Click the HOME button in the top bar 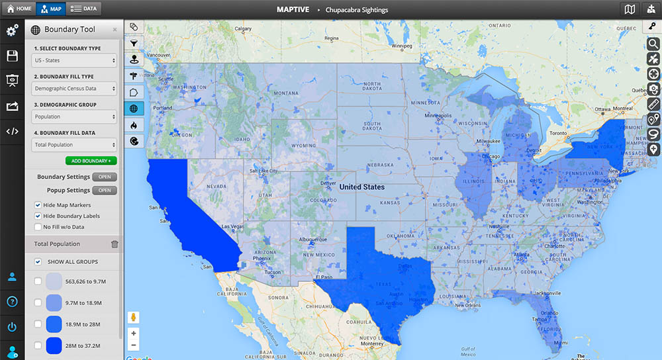tap(19, 9)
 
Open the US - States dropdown tap(74, 60)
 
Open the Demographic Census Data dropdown tap(74, 88)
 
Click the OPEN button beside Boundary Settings tap(104, 177)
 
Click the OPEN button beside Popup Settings tap(104, 191)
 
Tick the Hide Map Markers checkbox tap(38, 205)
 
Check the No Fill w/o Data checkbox tap(38, 227)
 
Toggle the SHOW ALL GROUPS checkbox tap(38, 261)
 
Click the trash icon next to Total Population tap(115, 244)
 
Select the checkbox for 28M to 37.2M tap(38, 345)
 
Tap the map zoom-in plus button tap(134, 333)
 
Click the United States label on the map tap(361, 187)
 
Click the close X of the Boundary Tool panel tap(115, 30)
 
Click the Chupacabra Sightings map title tap(357, 10)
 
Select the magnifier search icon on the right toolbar tap(653, 44)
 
